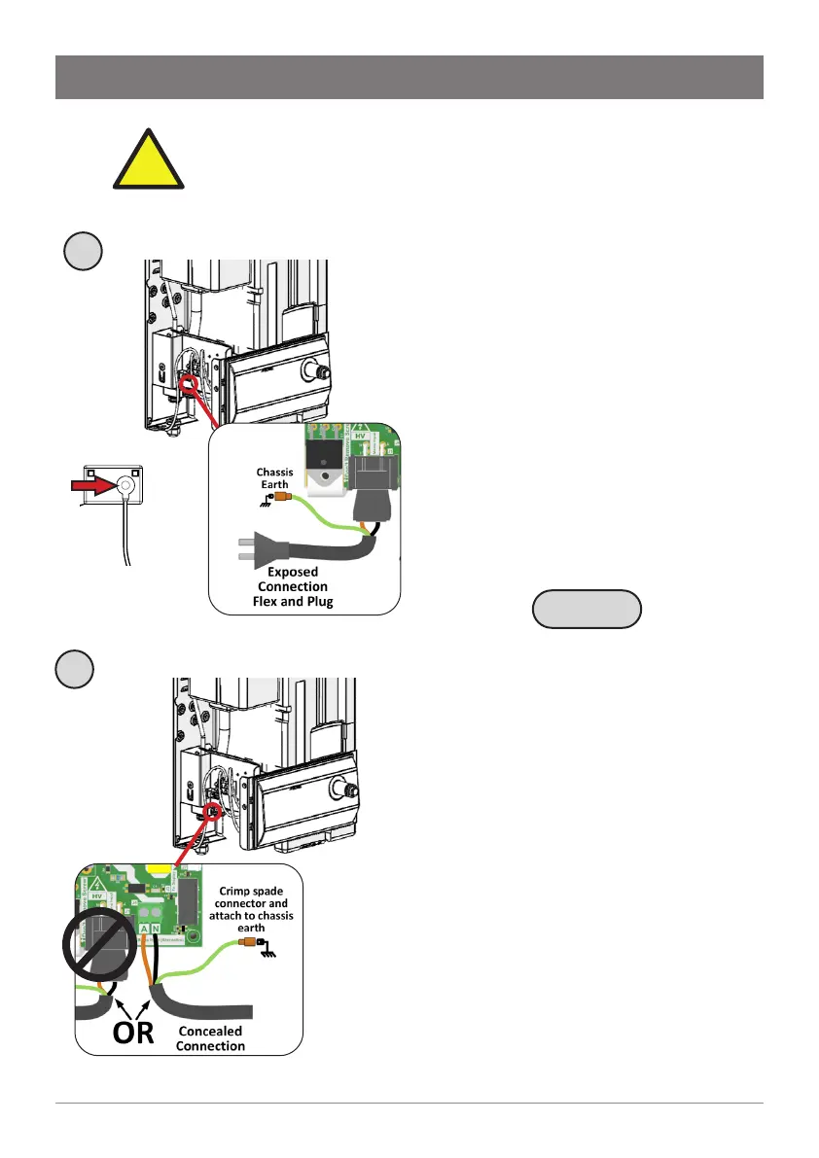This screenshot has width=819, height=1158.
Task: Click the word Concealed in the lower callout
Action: (x=210, y=1031)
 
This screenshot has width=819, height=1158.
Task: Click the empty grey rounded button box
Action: (x=588, y=610)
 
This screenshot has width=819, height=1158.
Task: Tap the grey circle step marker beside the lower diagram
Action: (x=74, y=670)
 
